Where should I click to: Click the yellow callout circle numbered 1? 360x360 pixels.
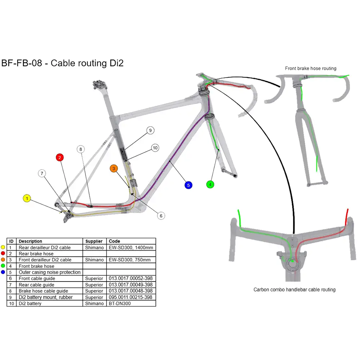[27, 198]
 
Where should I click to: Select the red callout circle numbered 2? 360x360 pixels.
[60, 157]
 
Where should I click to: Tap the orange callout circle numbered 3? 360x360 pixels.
[114, 168]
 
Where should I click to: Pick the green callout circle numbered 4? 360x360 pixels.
[210, 184]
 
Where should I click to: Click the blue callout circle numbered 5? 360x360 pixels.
[188, 185]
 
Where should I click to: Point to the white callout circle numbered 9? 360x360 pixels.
[150, 131]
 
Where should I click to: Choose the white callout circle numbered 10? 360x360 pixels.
[155, 148]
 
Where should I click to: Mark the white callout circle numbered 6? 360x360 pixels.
[161, 216]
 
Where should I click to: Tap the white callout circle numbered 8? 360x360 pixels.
[81, 149]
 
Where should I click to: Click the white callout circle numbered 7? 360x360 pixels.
[42, 174]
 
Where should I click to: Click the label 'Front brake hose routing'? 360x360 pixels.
[310, 68]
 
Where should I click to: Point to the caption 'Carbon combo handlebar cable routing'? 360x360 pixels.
[294, 289]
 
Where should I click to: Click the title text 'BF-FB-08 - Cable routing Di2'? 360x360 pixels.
[63, 63]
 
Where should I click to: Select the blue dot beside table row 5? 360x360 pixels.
[3, 272]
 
